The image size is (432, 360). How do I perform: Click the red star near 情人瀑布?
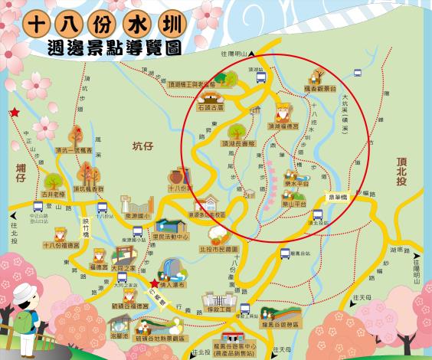point(155,283)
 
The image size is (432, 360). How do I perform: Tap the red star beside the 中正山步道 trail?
point(15,113)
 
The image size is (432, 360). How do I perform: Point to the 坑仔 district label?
point(143,146)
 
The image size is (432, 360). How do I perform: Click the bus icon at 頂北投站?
point(315,216)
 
